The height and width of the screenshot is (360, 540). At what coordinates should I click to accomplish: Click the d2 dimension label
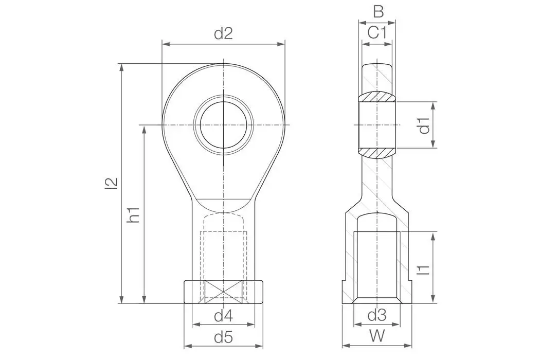223,34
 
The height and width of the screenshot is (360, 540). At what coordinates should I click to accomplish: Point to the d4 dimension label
223,315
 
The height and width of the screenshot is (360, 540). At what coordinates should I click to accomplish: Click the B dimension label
377,11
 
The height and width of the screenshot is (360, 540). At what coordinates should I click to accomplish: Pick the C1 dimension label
377,33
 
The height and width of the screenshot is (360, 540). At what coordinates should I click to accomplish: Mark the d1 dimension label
424,125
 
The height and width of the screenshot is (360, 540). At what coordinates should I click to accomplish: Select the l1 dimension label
424,268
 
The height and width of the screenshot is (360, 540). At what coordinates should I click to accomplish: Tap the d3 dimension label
377,315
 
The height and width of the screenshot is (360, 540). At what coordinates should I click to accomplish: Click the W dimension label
377,336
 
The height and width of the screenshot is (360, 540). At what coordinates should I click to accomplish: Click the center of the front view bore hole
224,125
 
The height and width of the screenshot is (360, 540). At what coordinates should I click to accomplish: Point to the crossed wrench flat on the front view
224,292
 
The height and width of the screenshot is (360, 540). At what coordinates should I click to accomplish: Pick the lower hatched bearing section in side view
377,152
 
